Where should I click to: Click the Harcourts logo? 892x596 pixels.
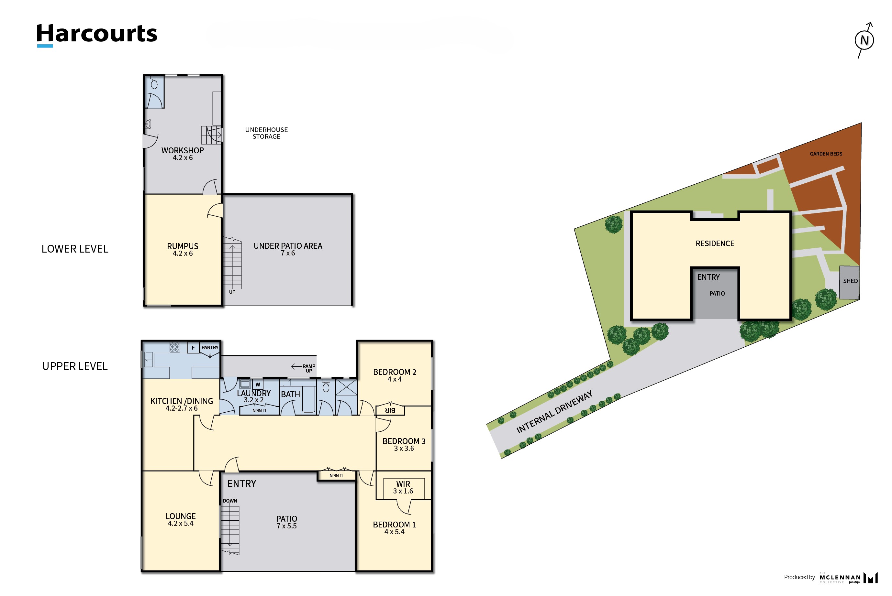97,35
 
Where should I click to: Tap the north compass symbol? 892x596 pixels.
864,40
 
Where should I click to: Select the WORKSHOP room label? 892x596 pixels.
183,154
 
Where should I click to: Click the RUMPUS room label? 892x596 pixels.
183,250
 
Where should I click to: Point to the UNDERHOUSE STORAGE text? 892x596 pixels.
266,133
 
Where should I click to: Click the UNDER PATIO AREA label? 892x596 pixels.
288,249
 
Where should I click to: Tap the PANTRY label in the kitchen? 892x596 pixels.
210,347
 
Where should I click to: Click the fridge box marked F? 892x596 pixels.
193,347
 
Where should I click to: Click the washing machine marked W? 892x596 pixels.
258,384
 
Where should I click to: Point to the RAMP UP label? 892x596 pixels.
308,368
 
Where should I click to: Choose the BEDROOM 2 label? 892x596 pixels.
395,375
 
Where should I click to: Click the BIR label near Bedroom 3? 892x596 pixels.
390,410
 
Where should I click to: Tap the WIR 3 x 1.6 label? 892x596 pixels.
403,487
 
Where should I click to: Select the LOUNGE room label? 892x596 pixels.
181,520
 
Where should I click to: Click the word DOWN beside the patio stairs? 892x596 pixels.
230,501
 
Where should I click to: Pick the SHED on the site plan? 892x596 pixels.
849,282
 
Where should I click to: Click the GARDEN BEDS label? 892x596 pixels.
826,154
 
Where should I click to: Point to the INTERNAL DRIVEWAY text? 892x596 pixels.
554,412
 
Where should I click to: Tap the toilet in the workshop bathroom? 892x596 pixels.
154,82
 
